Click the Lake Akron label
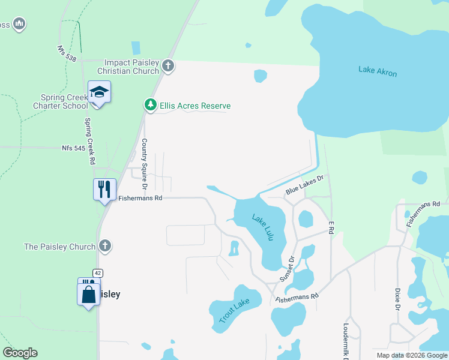(378, 71)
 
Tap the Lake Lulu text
(263, 227)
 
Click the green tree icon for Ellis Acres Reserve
(150, 106)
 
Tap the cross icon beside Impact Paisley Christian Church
(168, 66)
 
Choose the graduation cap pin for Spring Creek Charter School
(99, 92)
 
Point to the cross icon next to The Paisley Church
(105, 246)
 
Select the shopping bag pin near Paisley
(89, 295)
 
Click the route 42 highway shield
(98, 274)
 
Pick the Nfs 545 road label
(74, 147)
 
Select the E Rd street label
(331, 227)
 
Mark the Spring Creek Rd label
(90, 142)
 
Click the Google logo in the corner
(20, 353)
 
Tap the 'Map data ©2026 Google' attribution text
(412, 355)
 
